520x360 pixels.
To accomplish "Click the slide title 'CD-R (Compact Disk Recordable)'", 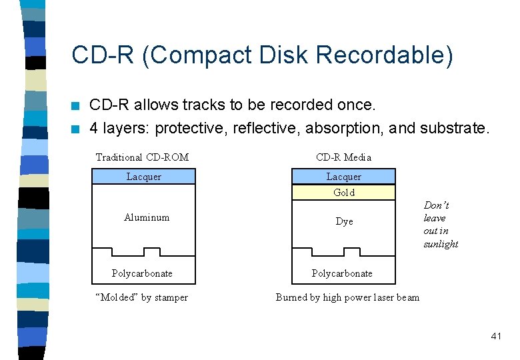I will pyautogui.click(x=262, y=55).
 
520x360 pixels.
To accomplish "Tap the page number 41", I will pyautogui.click(x=495, y=336).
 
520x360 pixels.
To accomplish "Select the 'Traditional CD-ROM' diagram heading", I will pyautogui.click(x=142, y=157).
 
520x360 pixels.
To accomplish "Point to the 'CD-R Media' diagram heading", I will pyautogui.click(x=343, y=157).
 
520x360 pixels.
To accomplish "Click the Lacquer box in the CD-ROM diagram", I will pyautogui.click(x=143, y=177).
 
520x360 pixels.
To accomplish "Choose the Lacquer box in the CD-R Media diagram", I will pyautogui.click(x=343, y=177).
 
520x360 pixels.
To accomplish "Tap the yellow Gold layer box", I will pyautogui.click(x=343, y=193).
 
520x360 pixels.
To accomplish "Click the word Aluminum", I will pyautogui.click(x=147, y=217).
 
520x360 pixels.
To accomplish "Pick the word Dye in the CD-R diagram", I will pyautogui.click(x=344, y=221).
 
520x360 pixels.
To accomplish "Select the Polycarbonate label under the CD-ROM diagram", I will pyautogui.click(x=142, y=273).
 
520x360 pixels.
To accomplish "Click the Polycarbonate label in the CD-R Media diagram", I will pyautogui.click(x=342, y=273).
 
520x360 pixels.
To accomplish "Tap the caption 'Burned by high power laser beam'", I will pyautogui.click(x=347, y=297).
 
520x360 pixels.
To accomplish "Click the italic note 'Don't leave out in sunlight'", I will pyautogui.click(x=440, y=225).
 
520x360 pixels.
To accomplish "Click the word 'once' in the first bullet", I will pyautogui.click(x=357, y=105).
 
